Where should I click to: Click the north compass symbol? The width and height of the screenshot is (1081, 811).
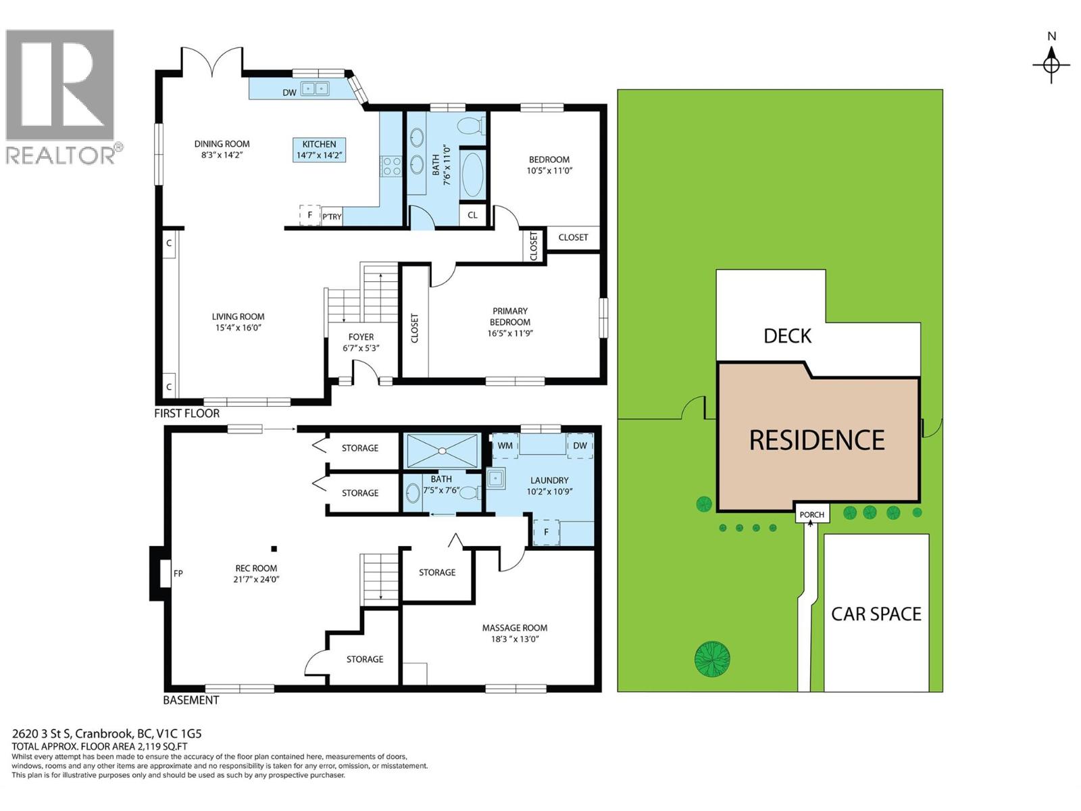tap(1051, 65)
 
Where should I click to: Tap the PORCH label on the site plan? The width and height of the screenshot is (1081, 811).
tap(811, 514)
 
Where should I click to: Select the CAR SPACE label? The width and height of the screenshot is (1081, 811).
tap(876, 614)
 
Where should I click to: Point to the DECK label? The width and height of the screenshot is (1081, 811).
tap(787, 336)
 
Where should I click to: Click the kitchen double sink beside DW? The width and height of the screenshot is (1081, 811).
tap(314, 89)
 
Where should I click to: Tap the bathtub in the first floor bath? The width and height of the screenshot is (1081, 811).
tap(472, 174)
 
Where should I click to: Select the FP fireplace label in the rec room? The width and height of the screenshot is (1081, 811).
tap(178, 574)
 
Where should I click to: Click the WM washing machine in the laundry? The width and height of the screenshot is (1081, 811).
tap(505, 446)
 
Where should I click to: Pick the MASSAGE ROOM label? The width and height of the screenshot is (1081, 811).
tap(514, 628)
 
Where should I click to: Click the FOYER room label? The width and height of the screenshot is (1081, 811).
tap(361, 337)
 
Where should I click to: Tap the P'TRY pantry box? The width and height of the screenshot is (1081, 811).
tap(332, 216)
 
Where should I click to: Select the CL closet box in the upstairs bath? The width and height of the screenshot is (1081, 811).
tap(472, 215)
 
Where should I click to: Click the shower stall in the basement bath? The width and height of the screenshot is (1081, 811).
tap(442, 451)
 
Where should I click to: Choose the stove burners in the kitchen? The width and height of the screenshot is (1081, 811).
tap(391, 166)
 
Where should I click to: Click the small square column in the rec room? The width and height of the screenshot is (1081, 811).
tap(274, 549)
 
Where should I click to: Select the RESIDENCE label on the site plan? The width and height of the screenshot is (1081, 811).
tap(817, 441)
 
